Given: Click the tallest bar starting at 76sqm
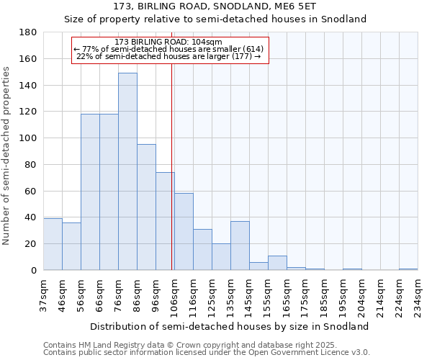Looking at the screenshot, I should click(127, 171).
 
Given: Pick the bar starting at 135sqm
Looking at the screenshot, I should click(240, 246).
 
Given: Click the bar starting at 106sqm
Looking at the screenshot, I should click(184, 232).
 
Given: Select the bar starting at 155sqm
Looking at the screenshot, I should click(277, 263).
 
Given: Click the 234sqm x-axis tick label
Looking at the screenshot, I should click(418, 296).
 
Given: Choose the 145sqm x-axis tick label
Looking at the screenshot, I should click(249, 296).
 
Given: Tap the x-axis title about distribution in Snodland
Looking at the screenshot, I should click(230, 326).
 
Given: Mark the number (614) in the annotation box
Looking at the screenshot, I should click(251, 49).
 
